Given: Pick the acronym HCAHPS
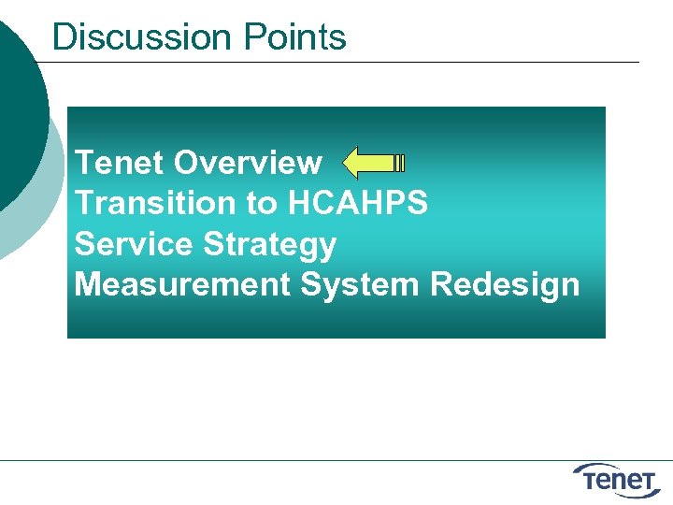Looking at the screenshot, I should (358, 203).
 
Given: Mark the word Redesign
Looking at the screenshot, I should (505, 284).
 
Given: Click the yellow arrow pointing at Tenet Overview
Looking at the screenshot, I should (374, 163).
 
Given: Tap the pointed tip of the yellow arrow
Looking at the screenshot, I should (347, 163).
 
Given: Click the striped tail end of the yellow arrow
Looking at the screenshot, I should (399, 163).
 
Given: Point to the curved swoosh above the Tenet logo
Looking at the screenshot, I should (608, 467).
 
